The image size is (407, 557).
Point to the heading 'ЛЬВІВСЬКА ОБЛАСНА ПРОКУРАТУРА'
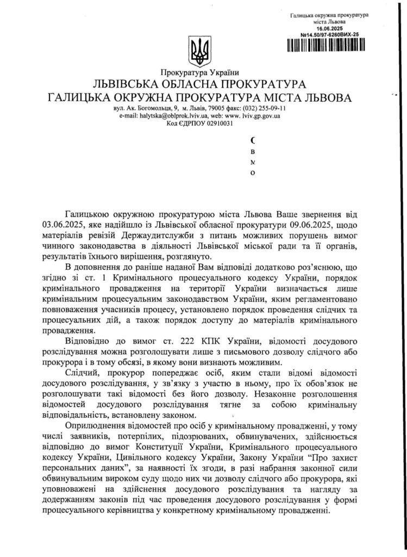200,85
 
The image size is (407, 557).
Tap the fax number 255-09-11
274,109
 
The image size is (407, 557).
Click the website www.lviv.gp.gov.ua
253,116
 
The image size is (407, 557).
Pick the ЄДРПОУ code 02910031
217,123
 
